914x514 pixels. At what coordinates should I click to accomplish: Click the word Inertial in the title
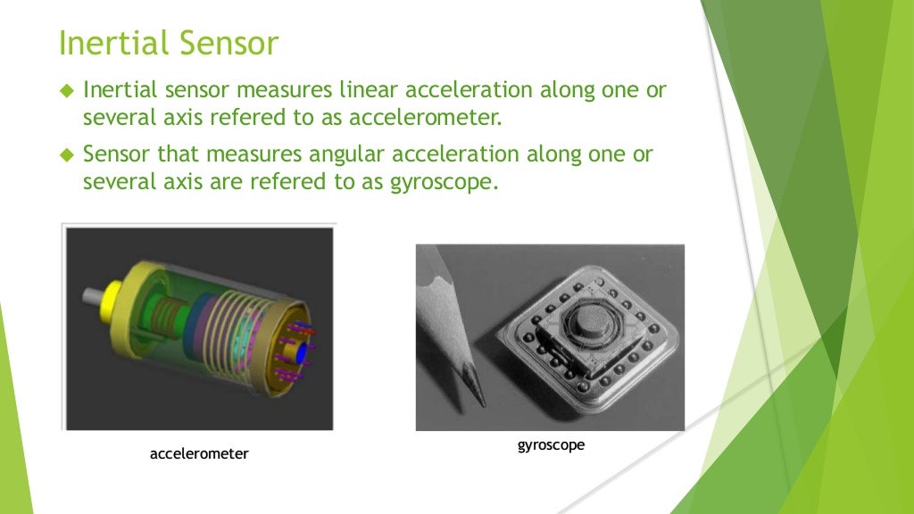point(111,43)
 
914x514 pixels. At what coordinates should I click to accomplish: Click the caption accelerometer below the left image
point(199,454)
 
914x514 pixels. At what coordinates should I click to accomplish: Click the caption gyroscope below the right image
point(551,444)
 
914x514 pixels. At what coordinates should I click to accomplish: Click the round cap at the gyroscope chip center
point(589,319)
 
